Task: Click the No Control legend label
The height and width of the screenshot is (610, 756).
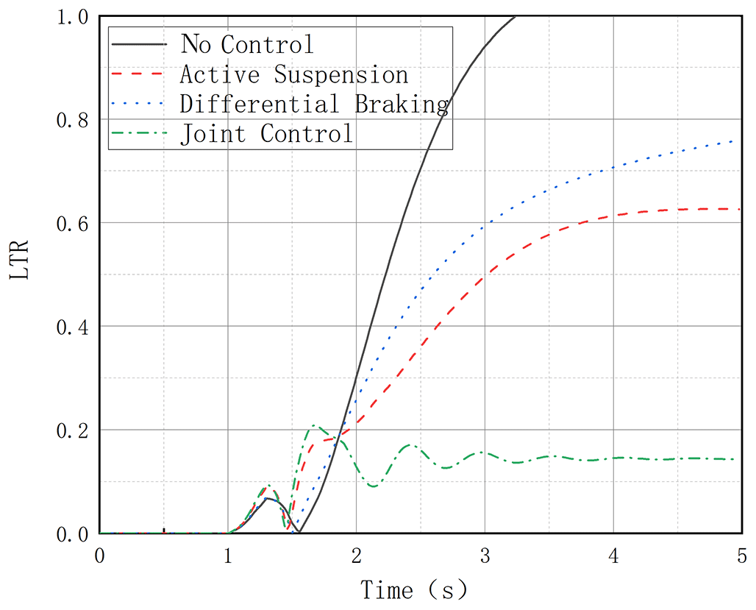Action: (247, 44)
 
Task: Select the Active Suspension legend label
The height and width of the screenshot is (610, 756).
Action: (293, 74)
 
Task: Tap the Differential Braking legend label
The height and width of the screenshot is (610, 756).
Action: (314, 104)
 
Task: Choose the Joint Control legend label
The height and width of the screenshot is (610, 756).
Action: (267, 134)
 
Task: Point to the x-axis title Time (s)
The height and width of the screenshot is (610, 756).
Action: (413, 589)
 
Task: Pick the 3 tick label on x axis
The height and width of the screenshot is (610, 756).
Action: (485, 554)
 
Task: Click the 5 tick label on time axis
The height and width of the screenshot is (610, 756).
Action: (741, 554)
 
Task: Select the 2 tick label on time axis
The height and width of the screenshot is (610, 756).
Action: (356, 554)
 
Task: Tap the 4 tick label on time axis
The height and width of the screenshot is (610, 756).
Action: (613, 554)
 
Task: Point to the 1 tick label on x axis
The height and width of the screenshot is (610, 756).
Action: (228, 554)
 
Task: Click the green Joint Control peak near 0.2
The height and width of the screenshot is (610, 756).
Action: (315, 425)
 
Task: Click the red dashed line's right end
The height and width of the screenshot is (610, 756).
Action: (738, 209)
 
